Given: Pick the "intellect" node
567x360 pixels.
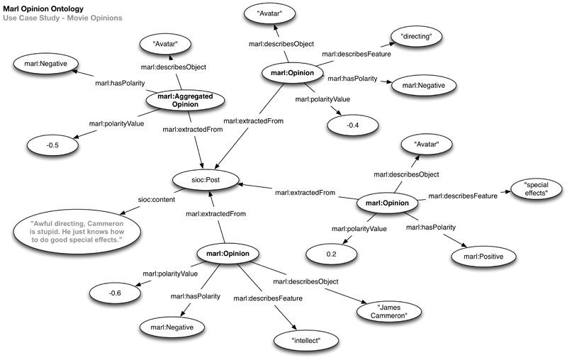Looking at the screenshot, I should pos(305,341).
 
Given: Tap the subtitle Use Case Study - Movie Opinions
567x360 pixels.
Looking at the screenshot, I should pos(62,17).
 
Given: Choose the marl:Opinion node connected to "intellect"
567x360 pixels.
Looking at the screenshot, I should pos(222,252).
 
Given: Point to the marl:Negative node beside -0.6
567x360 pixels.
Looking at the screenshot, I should pos(172,327).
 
